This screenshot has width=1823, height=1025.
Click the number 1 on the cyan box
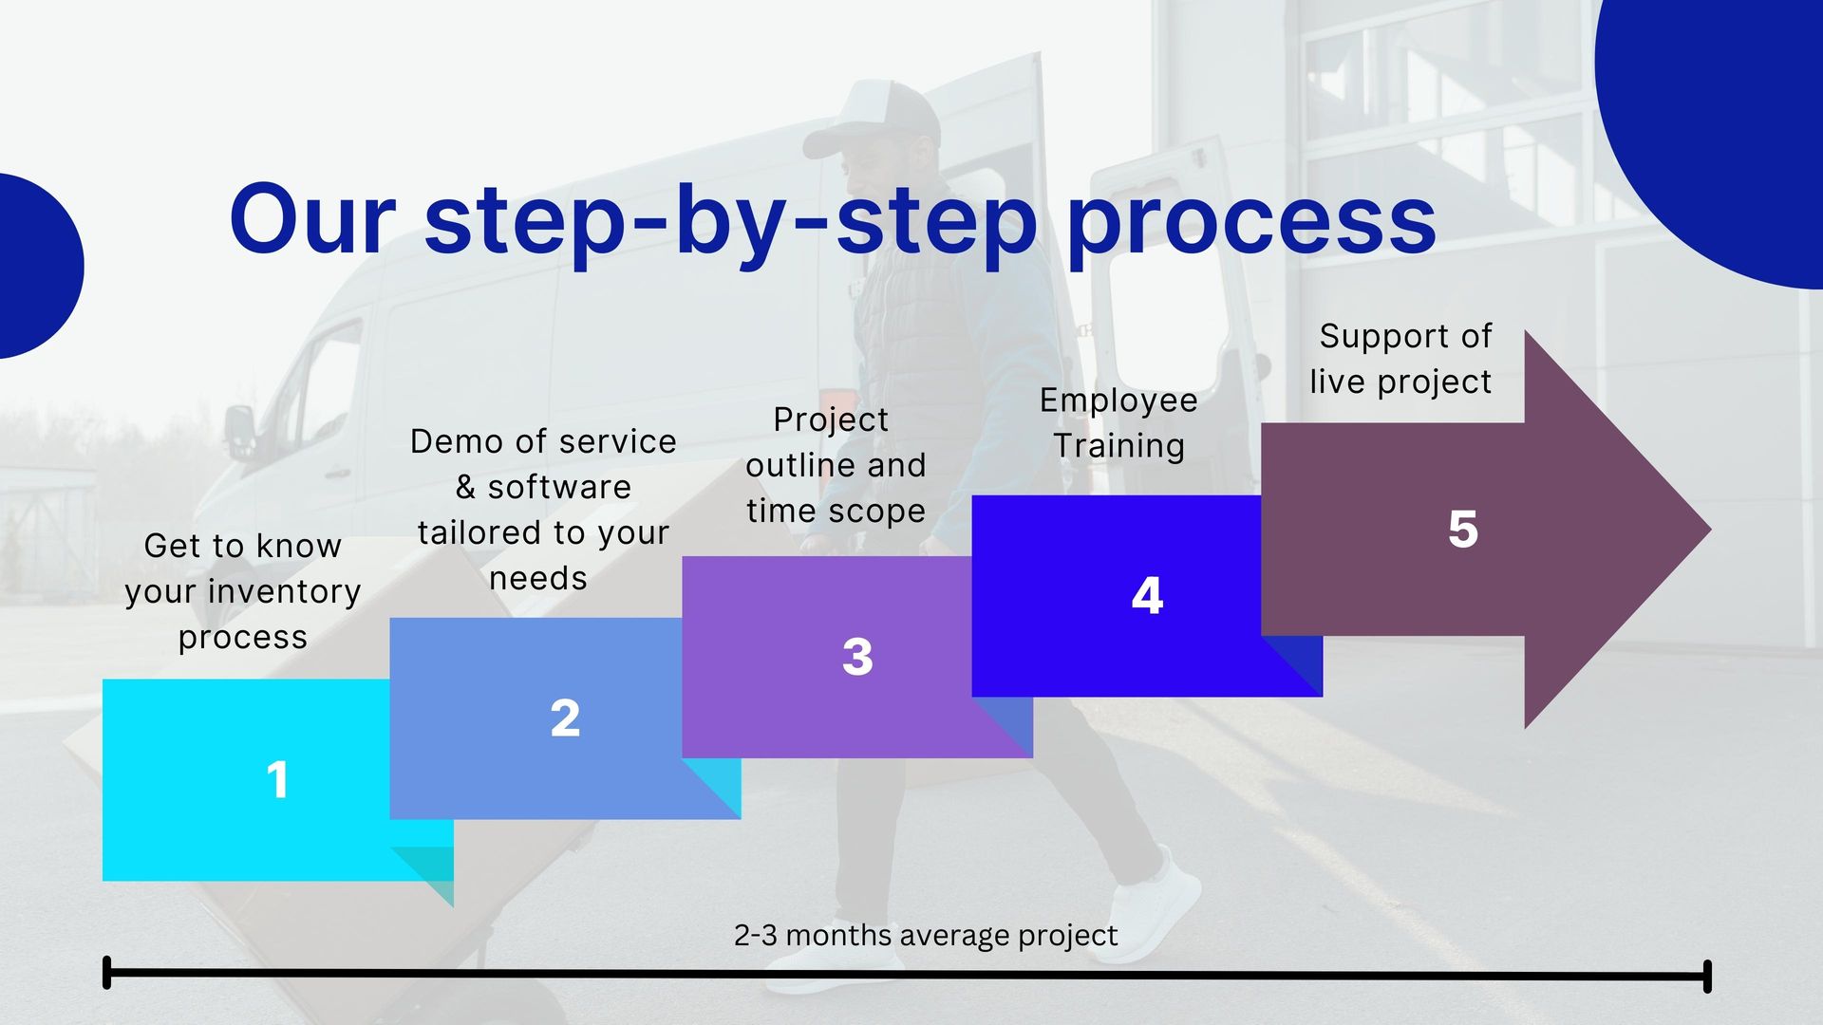277,780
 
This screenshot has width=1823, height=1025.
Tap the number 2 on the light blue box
565,718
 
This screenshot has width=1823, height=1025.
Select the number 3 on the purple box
857,657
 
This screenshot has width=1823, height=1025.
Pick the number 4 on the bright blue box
1147,596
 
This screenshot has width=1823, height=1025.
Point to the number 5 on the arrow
1463,530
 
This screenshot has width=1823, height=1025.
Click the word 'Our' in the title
311,220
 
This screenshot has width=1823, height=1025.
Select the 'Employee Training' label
1118,423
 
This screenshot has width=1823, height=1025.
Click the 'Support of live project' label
1401,359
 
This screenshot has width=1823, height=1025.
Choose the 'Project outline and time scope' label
836,465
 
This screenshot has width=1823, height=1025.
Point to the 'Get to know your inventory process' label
243,591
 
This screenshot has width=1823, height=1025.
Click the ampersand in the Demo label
465,487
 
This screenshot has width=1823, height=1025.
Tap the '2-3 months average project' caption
926,936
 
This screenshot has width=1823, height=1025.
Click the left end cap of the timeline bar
106,973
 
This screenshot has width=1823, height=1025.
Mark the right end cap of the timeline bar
1707,977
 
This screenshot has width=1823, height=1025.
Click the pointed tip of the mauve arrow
1710,530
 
